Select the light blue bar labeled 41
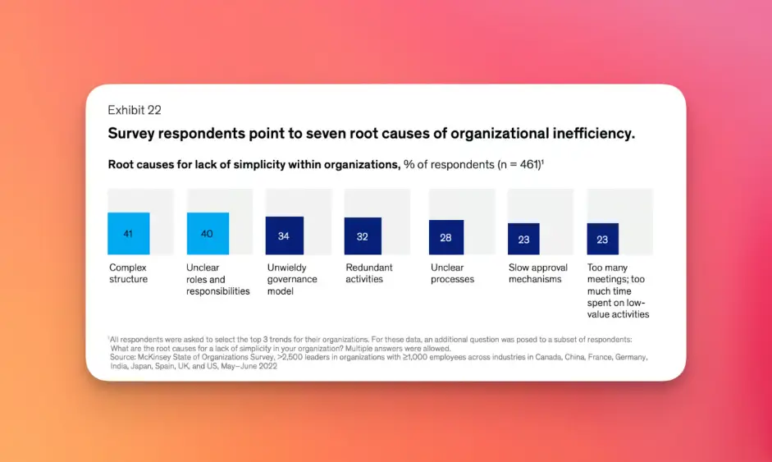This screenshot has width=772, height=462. point(128,234)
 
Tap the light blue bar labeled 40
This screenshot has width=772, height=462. point(207,234)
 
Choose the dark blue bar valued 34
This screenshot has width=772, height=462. point(284,236)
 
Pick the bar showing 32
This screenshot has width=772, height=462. point(363,236)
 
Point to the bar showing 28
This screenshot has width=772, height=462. point(445,237)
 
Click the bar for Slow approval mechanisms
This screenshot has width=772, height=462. point(523,239)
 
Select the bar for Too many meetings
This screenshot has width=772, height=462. point(602,239)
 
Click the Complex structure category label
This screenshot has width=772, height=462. point(129,273)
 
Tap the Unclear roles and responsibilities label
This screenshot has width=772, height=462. point(217,279)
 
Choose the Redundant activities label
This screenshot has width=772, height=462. point(369,273)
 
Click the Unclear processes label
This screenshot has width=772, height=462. point(452,273)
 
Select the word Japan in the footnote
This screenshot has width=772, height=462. point(143,366)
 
